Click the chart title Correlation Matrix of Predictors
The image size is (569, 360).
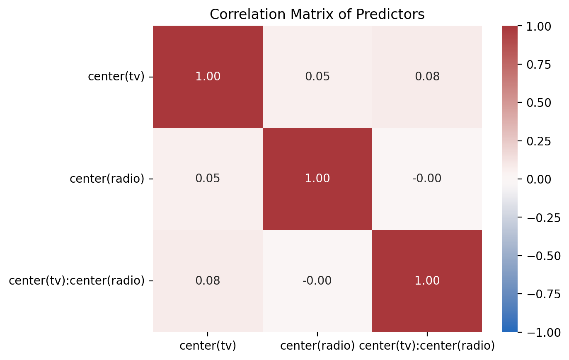[317, 14]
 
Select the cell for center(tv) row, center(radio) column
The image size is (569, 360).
[317, 77]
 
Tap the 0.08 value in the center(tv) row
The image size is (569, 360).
[427, 76]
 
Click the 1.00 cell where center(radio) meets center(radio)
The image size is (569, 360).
[317, 179]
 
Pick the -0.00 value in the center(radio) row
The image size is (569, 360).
[427, 178]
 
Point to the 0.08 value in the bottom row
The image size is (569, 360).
[208, 280]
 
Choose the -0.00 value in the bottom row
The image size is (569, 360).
[317, 280]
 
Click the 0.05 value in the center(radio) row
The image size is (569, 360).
[208, 178]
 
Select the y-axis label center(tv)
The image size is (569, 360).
[116, 76]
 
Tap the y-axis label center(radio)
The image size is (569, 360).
[107, 179]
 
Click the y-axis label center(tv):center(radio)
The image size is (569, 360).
[77, 280]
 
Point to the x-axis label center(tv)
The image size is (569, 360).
[208, 346]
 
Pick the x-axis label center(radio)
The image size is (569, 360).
[317, 346]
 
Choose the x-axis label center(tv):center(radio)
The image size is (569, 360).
[427, 346]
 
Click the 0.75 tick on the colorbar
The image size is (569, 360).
[539, 65]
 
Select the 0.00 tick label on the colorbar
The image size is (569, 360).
[539, 179]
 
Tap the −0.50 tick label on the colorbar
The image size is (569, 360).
[544, 256]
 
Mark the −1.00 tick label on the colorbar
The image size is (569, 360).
[544, 333]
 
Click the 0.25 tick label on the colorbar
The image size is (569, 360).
[539, 141]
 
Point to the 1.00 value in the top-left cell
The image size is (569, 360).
[208, 76]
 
